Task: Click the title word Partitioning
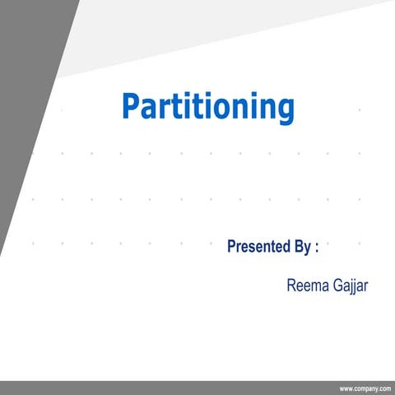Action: (x=207, y=108)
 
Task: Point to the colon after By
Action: (x=316, y=247)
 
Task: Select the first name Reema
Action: (x=304, y=286)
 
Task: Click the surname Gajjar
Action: (x=348, y=287)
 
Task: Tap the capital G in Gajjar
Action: (x=333, y=286)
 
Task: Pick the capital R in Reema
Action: (x=291, y=286)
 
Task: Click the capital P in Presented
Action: (x=231, y=245)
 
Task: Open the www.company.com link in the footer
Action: (x=364, y=388)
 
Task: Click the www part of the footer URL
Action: (x=346, y=388)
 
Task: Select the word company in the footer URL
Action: (x=365, y=388)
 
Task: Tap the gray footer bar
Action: (x=165, y=388)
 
